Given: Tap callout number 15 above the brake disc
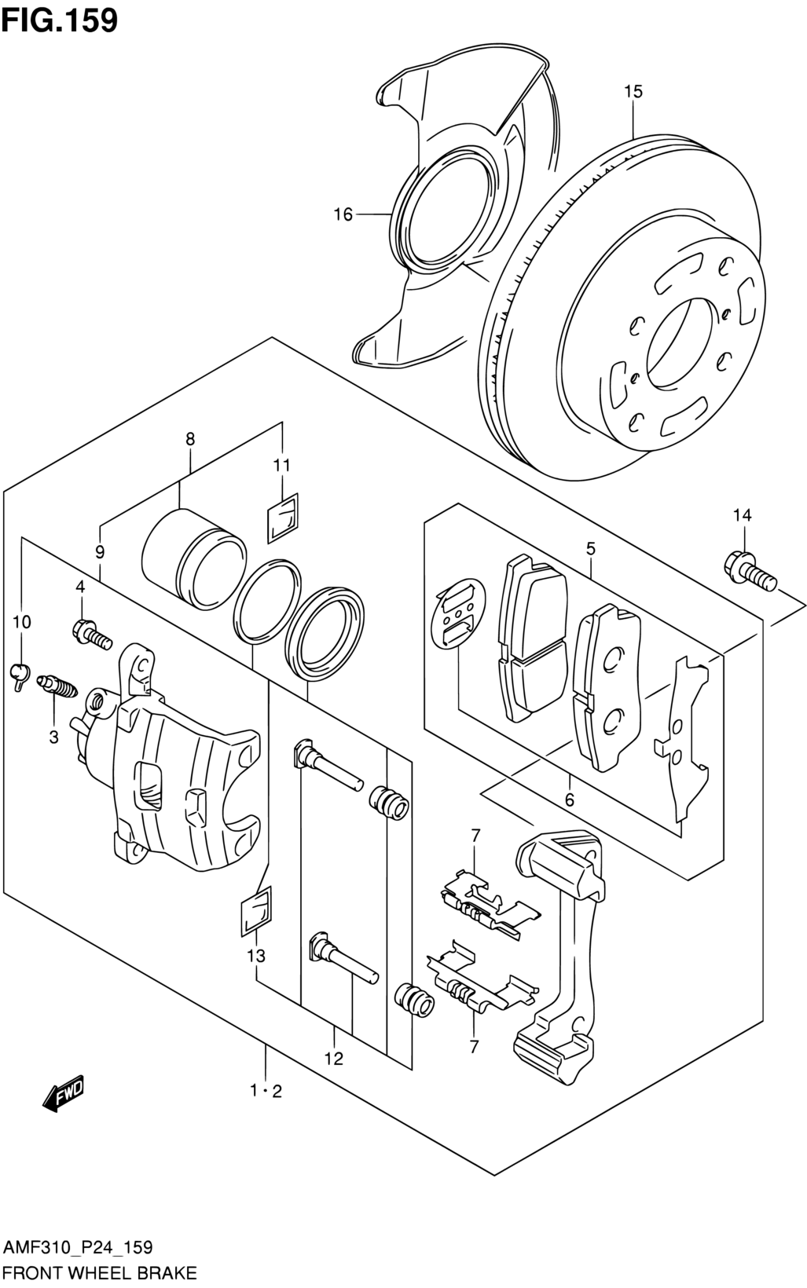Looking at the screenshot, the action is coord(633,91).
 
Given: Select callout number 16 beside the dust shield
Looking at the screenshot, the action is coord(343,214).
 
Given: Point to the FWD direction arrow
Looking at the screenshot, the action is coord(64,1091).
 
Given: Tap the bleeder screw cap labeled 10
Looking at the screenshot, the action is coord(21,675).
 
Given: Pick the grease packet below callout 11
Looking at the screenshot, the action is coord(283,517).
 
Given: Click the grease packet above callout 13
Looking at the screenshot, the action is coord(256,916).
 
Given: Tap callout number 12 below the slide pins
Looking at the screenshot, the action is coord(334,1058).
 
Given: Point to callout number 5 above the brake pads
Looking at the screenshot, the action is coord(591,548).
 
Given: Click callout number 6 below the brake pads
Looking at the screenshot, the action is coord(570,800).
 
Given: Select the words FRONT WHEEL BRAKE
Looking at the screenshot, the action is coord(101,1273).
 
